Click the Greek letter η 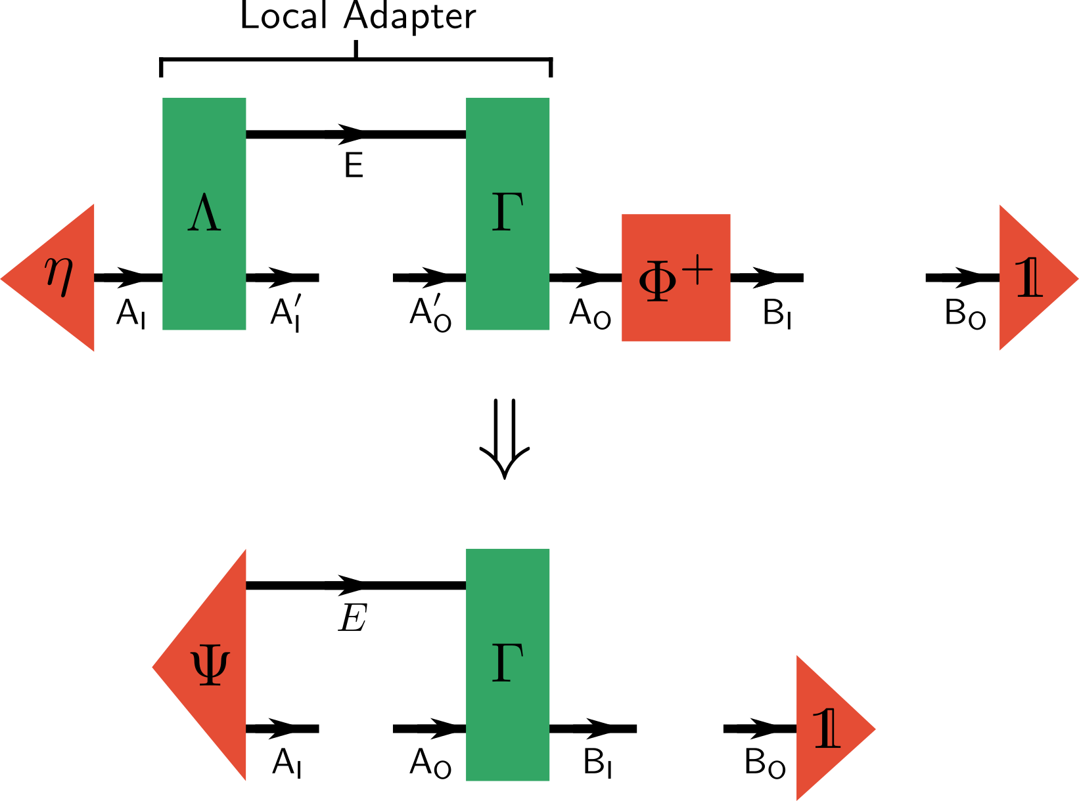pyautogui.click(x=59, y=276)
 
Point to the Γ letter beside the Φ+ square pyautogui.click(x=507, y=212)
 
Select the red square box pyautogui.click(x=676, y=315)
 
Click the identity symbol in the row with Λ pyautogui.click(x=1029, y=278)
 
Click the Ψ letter pyautogui.click(x=210, y=666)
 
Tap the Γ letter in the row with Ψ pyautogui.click(x=507, y=662)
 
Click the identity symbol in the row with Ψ pyautogui.click(x=827, y=729)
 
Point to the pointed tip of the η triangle pyautogui.click(x=3, y=278)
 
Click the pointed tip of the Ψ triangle pyautogui.click(x=154, y=667)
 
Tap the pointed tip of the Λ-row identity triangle pyautogui.click(x=1076, y=278)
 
